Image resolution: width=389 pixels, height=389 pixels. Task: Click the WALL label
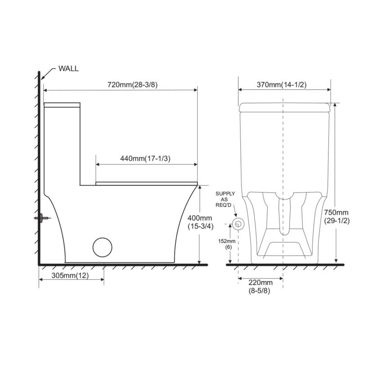[x=68, y=68]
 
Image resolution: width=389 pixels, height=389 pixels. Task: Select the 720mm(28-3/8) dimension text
[x=133, y=84]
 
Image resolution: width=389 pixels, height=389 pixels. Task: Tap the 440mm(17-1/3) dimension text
[x=146, y=158]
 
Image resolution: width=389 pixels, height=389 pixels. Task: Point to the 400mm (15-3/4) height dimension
[x=200, y=222]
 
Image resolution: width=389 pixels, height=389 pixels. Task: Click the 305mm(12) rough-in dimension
[x=70, y=275]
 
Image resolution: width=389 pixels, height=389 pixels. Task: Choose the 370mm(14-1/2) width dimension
[x=282, y=84]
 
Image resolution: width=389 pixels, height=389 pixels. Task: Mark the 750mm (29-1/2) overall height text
[x=337, y=217]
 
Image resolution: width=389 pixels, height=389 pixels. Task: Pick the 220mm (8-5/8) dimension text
[x=260, y=286]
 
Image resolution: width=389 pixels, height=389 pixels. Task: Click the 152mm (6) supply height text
[x=227, y=244]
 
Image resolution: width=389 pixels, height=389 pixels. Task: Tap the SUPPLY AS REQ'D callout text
[x=225, y=199]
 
